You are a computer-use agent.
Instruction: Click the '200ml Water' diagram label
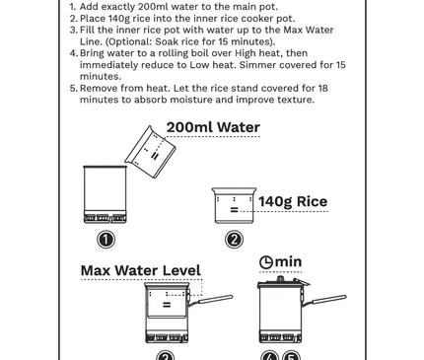[x=213, y=127]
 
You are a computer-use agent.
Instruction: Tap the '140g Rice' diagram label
[x=293, y=201]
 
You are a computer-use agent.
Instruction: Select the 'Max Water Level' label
[x=141, y=270]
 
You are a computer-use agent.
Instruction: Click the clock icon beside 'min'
[x=266, y=262]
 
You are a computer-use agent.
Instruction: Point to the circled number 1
[x=106, y=240]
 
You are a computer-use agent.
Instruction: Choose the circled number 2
[x=234, y=240]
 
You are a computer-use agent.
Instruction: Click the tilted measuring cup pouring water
[x=150, y=152]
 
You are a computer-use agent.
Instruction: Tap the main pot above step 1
[x=105, y=194]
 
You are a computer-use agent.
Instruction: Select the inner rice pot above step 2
[x=234, y=205]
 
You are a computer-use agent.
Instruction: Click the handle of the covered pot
[x=324, y=301]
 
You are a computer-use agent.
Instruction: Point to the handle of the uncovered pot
[x=211, y=301]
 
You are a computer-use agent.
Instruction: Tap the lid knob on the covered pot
[x=280, y=279]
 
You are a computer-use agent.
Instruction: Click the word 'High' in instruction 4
[x=245, y=53]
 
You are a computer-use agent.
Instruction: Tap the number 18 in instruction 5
[x=323, y=88]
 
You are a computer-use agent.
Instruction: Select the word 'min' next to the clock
[x=288, y=262]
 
